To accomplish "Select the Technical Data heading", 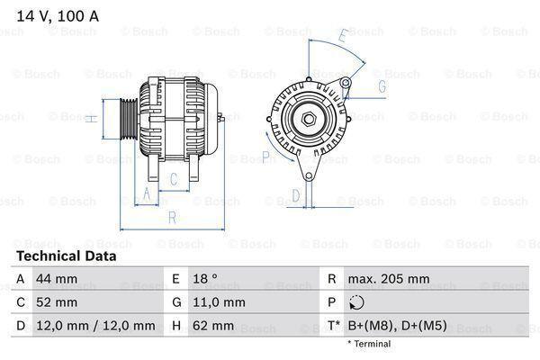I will coord(67,256).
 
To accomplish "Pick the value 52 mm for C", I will coord(55,301).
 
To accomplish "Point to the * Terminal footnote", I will coord(369,344).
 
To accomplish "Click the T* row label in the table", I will coord(332,325).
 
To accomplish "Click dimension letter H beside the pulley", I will coord(91,118).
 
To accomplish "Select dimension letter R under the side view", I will coord(171,216).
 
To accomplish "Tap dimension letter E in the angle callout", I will coord(343,36).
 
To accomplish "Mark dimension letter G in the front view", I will coord(382,86).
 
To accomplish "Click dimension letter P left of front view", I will coord(266,157).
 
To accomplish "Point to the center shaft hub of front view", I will coord(308,118).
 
